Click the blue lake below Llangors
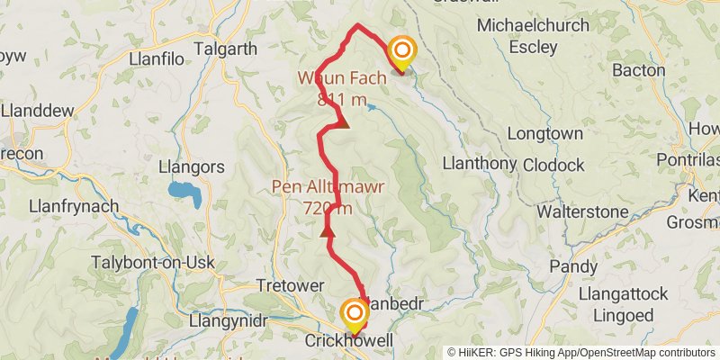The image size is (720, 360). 183,192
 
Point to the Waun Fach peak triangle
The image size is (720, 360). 342,121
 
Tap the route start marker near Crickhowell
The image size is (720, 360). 355,313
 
